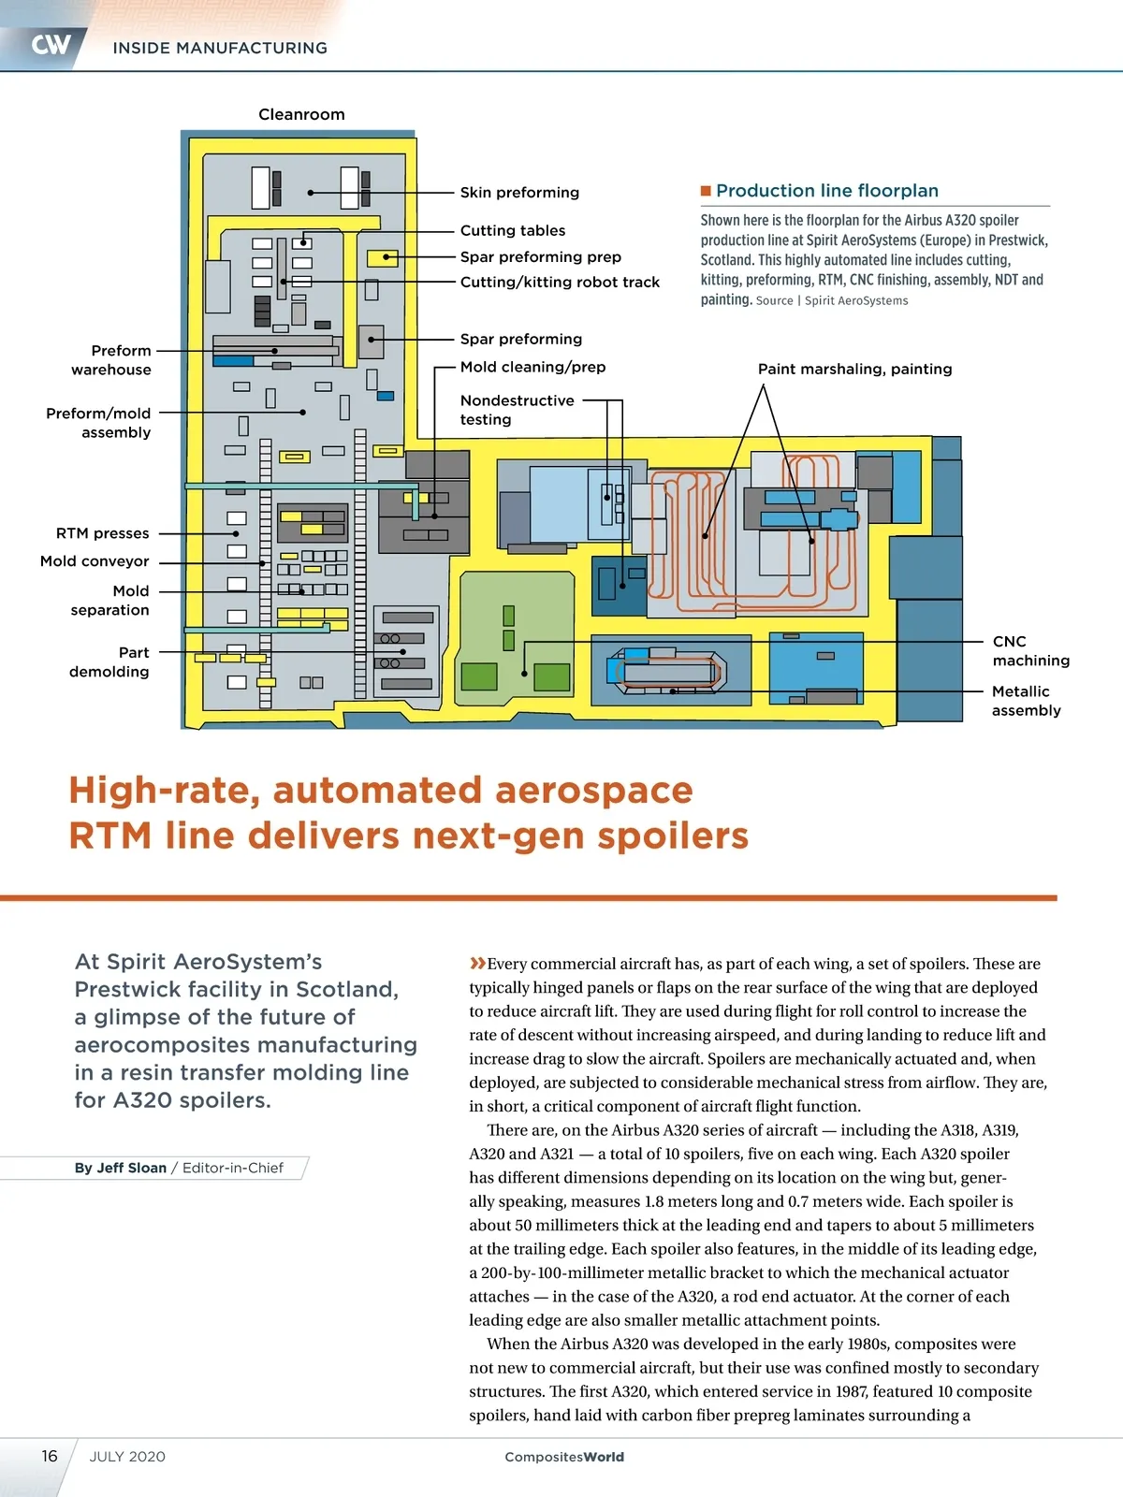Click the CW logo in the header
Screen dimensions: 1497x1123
click(x=51, y=45)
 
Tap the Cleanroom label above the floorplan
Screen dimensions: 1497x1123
click(x=301, y=114)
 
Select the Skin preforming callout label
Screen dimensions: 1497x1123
click(x=519, y=193)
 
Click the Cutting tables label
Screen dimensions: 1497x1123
click(x=513, y=230)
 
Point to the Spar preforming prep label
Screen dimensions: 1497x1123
click(x=540, y=257)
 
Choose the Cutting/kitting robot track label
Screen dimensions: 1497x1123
click(x=560, y=283)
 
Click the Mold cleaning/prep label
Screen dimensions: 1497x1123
click(x=532, y=367)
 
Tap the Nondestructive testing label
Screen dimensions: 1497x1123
click(x=517, y=410)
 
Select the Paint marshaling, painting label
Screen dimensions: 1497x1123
click(x=854, y=369)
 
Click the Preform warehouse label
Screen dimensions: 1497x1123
click(x=112, y=360)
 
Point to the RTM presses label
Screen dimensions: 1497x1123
click(x=103, y=533)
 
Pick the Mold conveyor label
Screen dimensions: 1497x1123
click(x=95, y=561)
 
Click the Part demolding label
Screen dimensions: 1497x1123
click(x=109, y=662)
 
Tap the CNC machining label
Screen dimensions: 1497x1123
click(x=1030, y=651)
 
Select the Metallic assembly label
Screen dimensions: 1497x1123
click(x=1026, y=701)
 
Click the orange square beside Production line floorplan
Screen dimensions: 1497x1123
click(x=707, y=191)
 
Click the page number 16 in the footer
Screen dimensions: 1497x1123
click(x=50, y=1456)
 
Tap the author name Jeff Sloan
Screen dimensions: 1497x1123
click(x=132, y=1168)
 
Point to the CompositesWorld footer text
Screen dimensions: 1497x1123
click(x=564, y=1457)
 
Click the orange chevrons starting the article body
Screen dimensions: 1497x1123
click(x=477, y=964)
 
